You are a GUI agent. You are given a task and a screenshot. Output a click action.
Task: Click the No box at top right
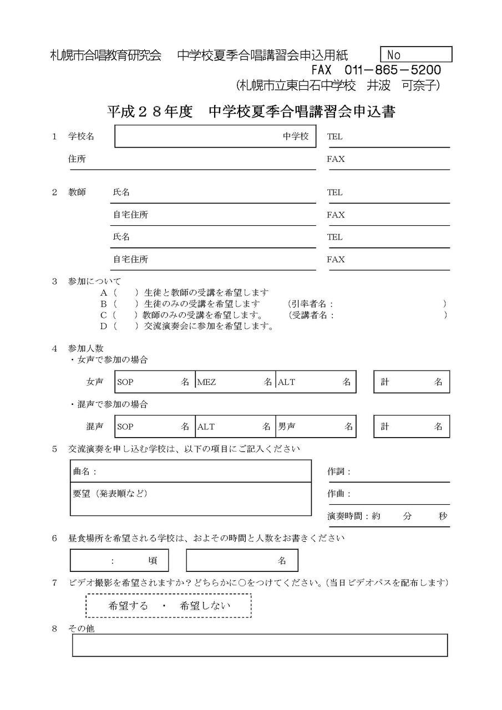[416, 54]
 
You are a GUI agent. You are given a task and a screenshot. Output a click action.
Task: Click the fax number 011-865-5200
[393, 70]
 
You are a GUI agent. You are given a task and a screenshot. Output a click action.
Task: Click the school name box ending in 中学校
[215, 136]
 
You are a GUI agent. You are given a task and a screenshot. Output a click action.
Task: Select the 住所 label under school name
[77, 159]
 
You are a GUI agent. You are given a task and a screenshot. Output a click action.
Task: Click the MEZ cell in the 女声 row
[235, 382]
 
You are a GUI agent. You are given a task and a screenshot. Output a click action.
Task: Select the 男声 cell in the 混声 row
[316, 427]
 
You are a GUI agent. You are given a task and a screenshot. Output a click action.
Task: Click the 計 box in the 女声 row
[411, 382]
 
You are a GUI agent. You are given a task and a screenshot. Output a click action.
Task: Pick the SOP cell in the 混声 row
[155, 427]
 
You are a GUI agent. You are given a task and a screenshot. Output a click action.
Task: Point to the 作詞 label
[339, 472]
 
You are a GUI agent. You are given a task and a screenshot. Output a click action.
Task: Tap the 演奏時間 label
[348, 516]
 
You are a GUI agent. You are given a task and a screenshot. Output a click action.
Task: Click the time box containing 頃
[119, 560]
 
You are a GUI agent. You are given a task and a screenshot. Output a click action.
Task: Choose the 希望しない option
[205, 606]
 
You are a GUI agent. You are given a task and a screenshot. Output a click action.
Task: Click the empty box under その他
[260, 645]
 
